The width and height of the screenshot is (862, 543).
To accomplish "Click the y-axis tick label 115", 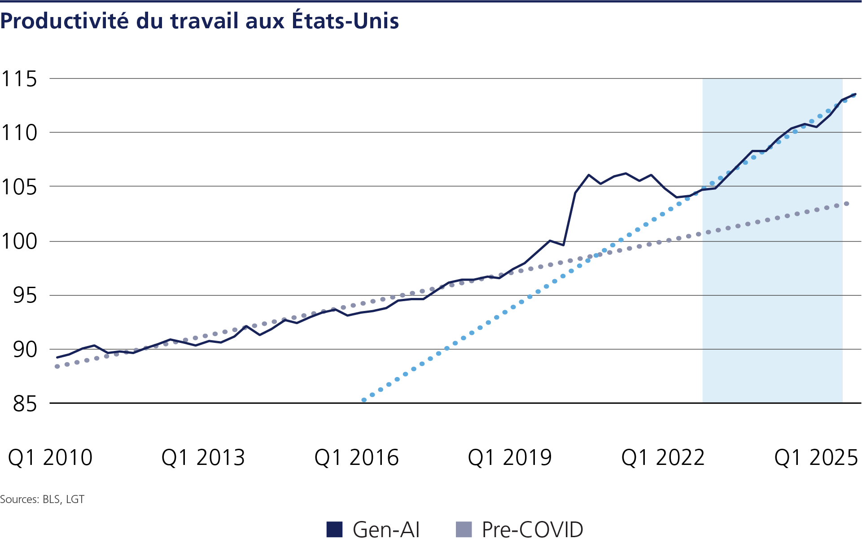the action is click(x=19, y=79).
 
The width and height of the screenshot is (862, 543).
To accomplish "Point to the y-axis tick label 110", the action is click(x=19, y=133).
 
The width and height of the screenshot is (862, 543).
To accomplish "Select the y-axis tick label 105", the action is click(x=19, y=187).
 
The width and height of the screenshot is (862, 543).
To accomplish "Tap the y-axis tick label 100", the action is click(x=19, y=241).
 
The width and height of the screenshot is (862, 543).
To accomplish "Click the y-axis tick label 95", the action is click(x=25, y=295).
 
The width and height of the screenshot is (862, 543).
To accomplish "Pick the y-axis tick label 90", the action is click(x=25, y=349).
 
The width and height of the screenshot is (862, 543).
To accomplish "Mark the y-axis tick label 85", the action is click(x=25, y=404).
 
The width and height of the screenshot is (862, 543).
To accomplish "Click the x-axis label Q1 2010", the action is click(x=50, y=458).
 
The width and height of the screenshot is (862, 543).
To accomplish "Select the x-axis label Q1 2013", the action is click(x=203, y=458).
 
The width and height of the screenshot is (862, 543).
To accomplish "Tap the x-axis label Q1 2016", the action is click(x=357, y=458).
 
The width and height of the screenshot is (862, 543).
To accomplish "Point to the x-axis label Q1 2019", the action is click(x=510, y=458).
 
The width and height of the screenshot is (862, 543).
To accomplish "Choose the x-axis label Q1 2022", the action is click(x=663, y=458).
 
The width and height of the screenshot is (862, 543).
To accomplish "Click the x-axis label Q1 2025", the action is click(x=816, y=458).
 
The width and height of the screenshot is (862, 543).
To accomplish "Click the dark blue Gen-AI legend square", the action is click(x=335, y=530).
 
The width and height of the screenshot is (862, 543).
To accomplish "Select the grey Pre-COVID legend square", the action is click(x=464, y=530).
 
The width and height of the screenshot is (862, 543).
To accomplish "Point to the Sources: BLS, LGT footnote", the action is click(x=42, y=499).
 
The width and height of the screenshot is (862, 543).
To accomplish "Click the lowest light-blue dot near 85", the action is click(x=364, y=400).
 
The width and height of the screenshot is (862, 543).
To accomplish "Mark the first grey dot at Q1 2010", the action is click(x=57, y=367).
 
